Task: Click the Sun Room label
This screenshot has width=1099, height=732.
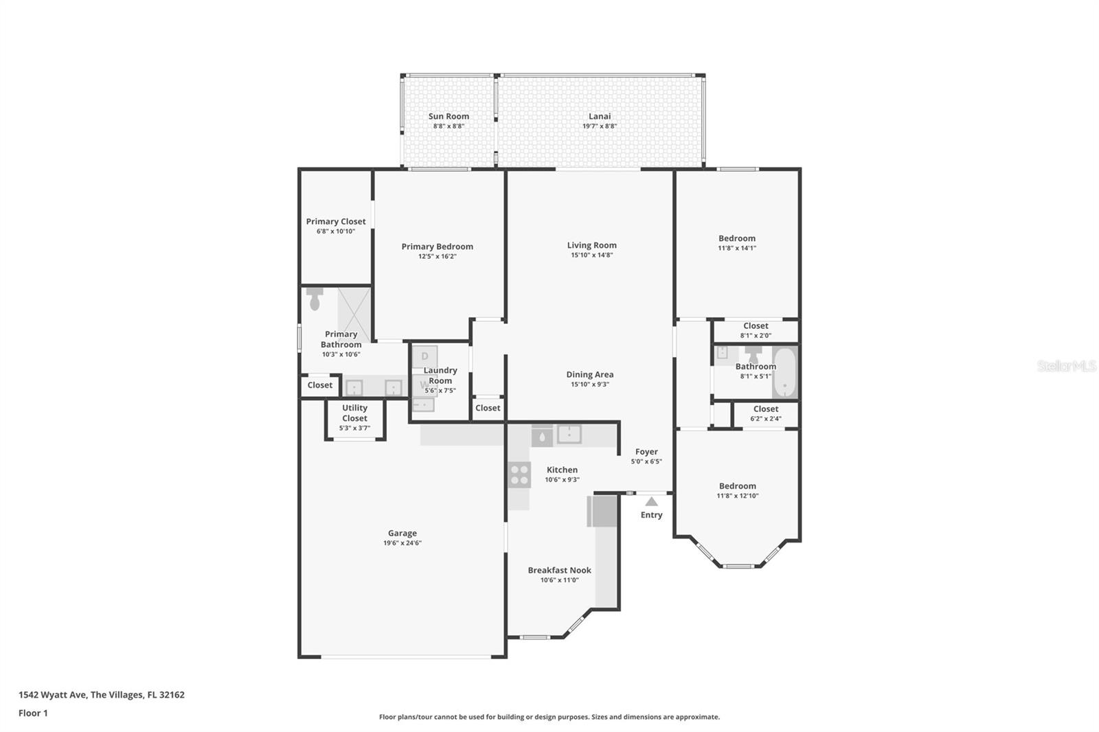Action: click(x=449, y=117)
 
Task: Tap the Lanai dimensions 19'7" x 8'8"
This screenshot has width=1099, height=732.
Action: click(x=600, y=126)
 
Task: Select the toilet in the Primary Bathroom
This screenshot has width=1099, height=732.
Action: click(x=315, y=299)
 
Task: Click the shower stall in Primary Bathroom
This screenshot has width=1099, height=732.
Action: click(x=354, y=314)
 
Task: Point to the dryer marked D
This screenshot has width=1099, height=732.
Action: click(x=424, y=356)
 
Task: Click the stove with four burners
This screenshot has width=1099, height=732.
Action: click(x=519, y=474)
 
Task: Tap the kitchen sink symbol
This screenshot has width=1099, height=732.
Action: click(x=569, y=434)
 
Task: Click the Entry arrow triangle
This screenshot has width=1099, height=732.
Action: click(x=651, y=502)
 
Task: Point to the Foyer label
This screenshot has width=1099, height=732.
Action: click(x=646, y=452)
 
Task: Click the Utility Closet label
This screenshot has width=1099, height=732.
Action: click(x=354, y=413)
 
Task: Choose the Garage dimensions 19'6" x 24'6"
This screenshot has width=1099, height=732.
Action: click(x=403, y=543)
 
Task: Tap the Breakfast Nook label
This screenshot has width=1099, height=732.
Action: click(x=559, y=570)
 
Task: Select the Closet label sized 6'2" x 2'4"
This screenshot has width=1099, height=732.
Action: click(x=766, y=409)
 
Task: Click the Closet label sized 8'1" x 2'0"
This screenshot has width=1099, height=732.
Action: click(x=756, y=326)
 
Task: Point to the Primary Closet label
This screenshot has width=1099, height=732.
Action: click(x=336, y=222)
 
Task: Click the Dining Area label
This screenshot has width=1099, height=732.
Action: click(x=590, y=375)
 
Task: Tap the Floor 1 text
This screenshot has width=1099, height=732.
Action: click(x=33, y=713)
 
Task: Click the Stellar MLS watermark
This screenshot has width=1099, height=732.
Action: click(x=1066, y=366)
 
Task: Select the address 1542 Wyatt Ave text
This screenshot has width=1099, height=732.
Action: click(x=101, y=695)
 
